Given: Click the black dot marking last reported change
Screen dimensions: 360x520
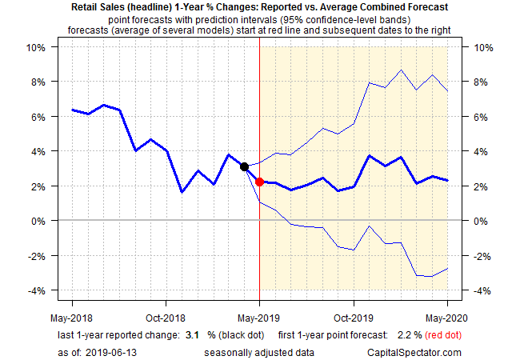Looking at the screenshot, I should pyautogui.click(x=244, y=166).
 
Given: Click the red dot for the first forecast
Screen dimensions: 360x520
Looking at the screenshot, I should pyautogui.click(x=260, y=182).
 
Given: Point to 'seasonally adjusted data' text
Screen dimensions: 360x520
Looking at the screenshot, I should pyautogui.click(x=254, y=352).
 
